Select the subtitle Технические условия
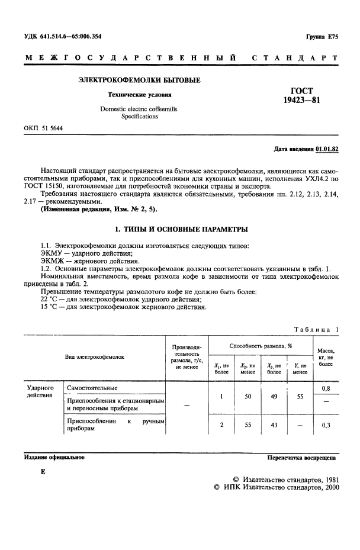pos(139,94)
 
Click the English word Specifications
pos(140,117)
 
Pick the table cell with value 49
pos(275,397)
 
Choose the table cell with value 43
pos(275,425)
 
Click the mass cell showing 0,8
pos(325,388)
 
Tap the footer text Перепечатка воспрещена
pos(302,458)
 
